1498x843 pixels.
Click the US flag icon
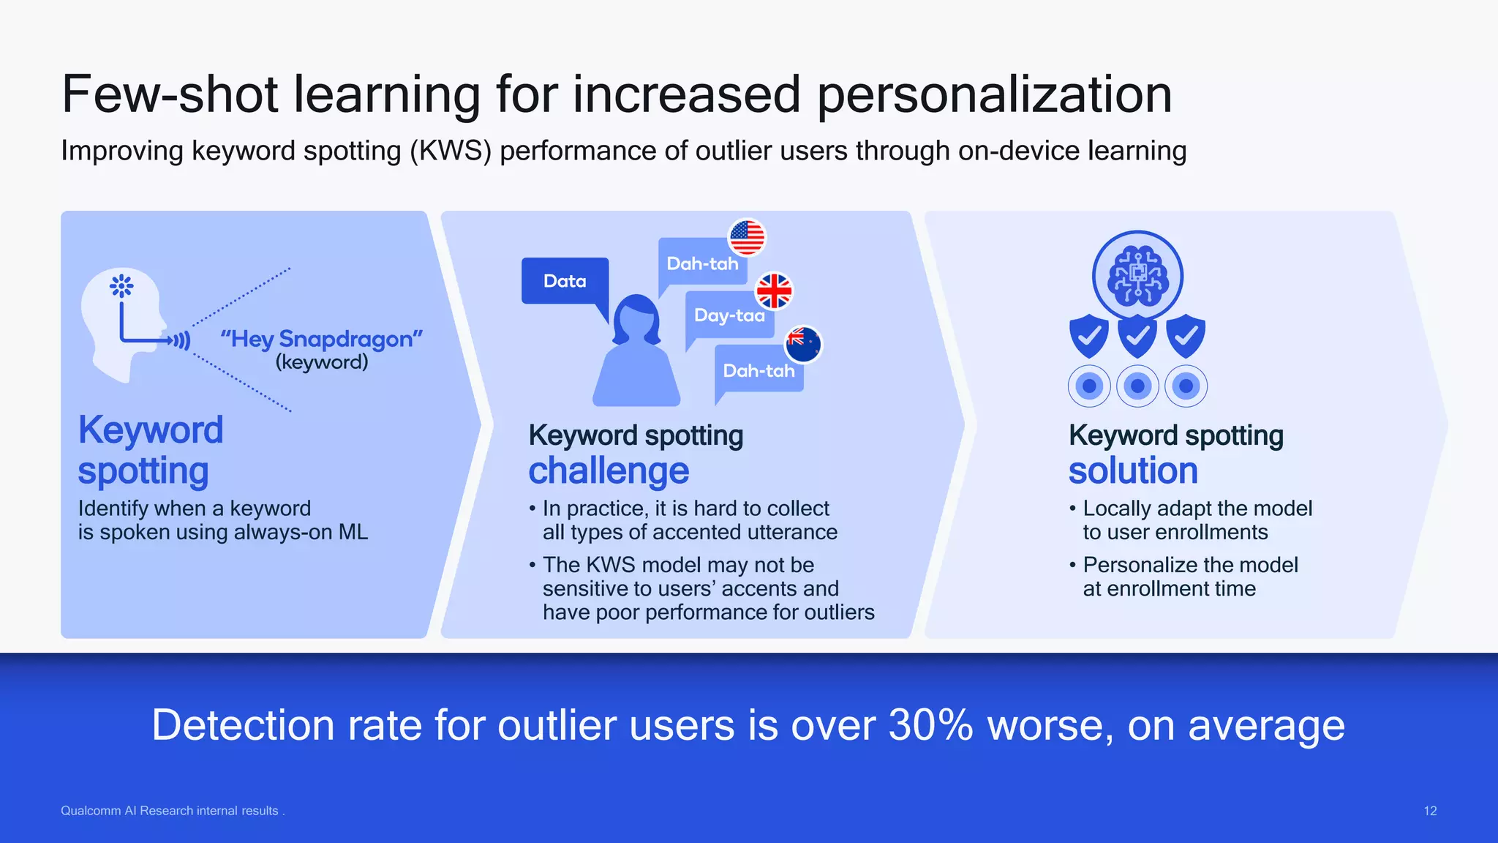pyautogui.click(x=747, y=238)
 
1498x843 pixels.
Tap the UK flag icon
pyautogui.click(x=774, y=291)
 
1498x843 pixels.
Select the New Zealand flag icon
pyautogui.click(x=803, y=345)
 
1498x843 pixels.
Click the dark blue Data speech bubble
pyautogui.click(x=565, y=281)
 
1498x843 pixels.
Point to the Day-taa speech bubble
pyautogui.click(x=729, y=316)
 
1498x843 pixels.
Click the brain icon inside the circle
pyautogui.click(x=1137, y=277)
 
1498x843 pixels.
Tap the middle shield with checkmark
pyautogui.click(x=1137, y=337)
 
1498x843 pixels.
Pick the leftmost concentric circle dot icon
pyautogui.click(x=1089, y=386)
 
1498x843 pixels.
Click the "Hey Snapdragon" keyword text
pyautogui.click(x=322, y=340)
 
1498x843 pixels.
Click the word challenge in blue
pyautogui.click(x=609, y=471)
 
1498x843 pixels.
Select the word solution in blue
pyautogui.click(x=1133, y=471)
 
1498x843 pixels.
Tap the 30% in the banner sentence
pyautogui.click(x=930, y=726)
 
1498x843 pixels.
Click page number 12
pyautogui.click(x=1430, y=811)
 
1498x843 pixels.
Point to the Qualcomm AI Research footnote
pyautogui.click(x=172, y=811)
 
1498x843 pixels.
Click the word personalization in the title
pyautogui.click(x=994, y=95)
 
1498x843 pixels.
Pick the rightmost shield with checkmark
pyautogui.click(x=1186, y=337)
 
